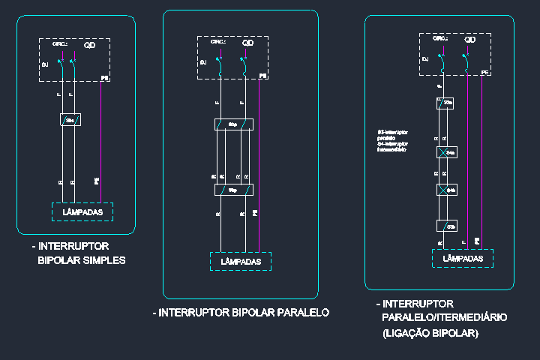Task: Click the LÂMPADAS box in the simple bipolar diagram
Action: [82, 212]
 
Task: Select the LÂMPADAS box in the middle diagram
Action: [240, 261]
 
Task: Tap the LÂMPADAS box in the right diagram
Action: [463, 258]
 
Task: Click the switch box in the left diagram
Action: [70, 119]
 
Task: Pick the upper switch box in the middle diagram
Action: [233, 124]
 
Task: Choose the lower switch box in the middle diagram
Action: [233, 190]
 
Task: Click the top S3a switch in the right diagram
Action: [448, 103]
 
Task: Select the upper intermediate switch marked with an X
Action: [447, 152]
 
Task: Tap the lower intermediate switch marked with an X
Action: [447, 190]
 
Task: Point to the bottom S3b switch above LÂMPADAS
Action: [448, 225]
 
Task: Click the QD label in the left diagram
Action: [89, 46]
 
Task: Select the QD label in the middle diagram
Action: [247, 43]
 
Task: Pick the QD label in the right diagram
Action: [470, 39]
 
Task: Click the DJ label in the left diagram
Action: [46, 65]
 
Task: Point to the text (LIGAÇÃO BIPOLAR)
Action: [430, 333]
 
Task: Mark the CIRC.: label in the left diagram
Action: [60, 44]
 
